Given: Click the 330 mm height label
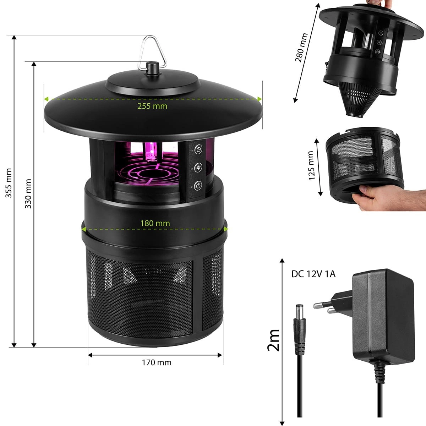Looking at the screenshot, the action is coord(28,194).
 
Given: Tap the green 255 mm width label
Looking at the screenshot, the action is coord(152,106).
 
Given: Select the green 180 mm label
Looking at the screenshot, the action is coord(155,223).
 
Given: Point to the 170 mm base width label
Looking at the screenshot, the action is coord(157,362).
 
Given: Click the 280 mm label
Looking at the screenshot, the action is coord(301,47).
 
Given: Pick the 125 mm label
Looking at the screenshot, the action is coord(311,165).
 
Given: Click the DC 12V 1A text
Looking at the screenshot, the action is coord(313,274).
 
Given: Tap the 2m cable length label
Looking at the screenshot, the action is coord(273,340).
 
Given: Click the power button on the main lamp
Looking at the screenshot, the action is coord(198,185).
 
